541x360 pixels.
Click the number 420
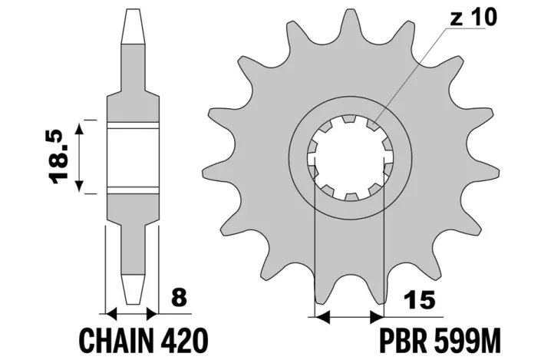(x=184, y=339)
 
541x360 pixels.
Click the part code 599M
(x=469, y=339)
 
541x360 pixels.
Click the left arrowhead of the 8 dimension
(x=110, y=314)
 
